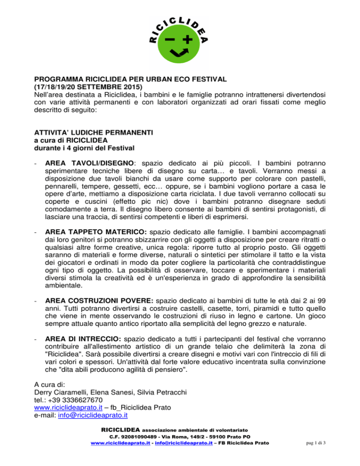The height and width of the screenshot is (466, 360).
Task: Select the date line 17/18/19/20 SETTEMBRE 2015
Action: pos(91,88)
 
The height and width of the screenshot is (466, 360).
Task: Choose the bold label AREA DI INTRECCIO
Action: pos(86,349)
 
